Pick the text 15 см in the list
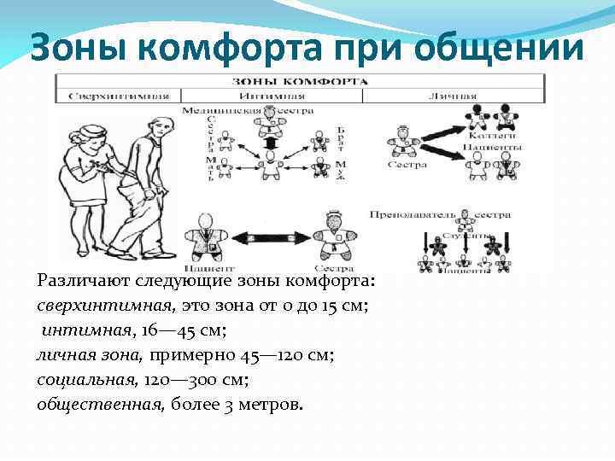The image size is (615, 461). click(348, 303)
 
